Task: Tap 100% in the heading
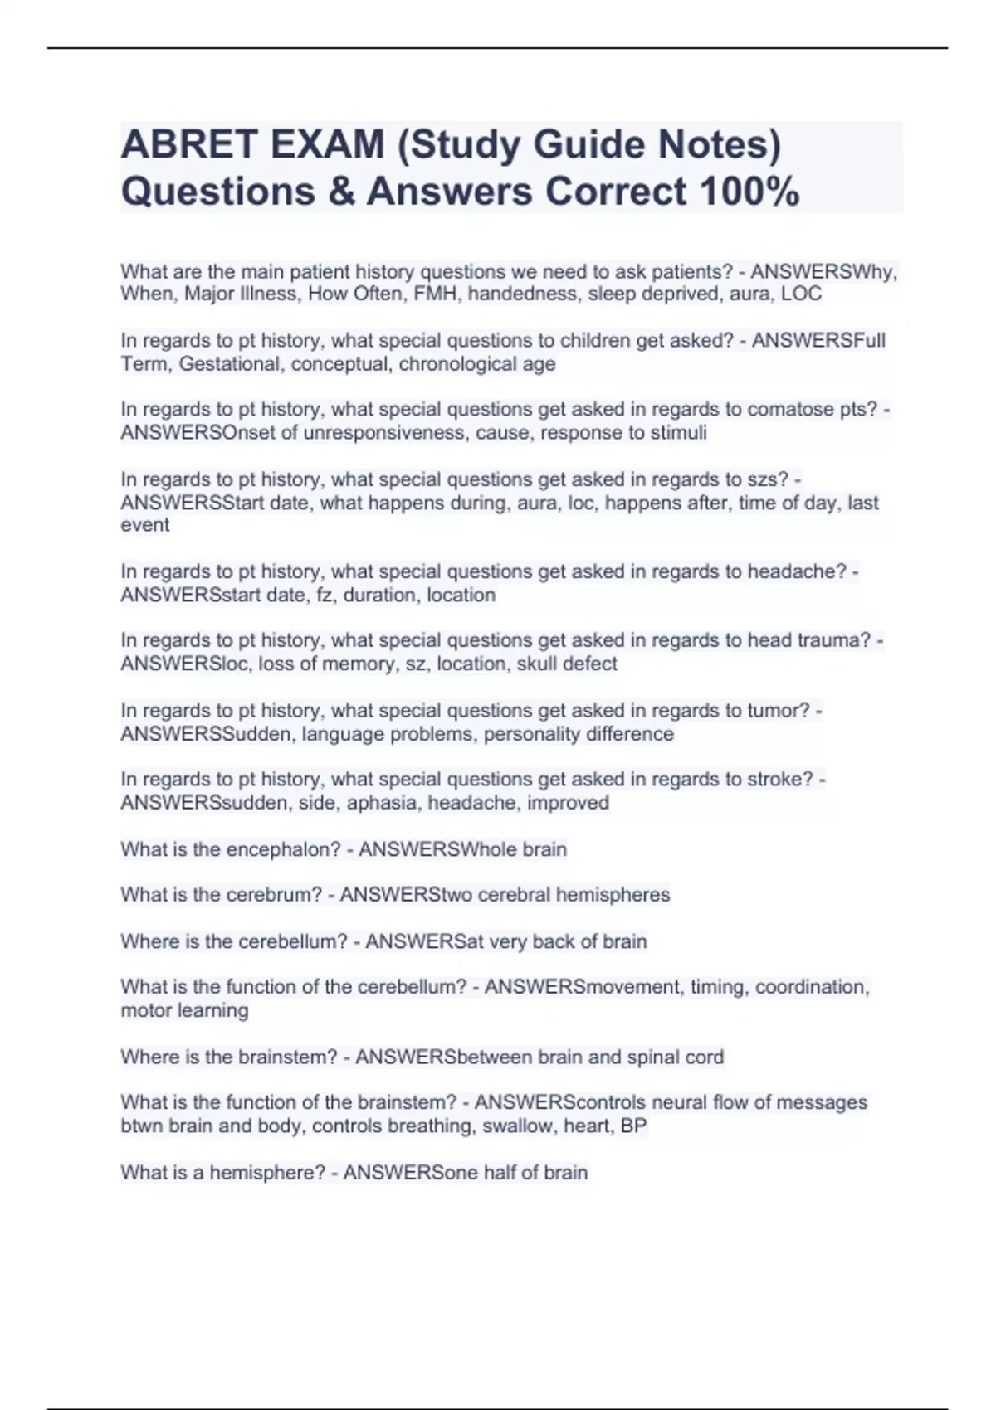click(749, 192)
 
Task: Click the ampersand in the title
click(341, 192)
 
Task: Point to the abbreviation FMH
click(440, 294)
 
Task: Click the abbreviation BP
click(633, 1126)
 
